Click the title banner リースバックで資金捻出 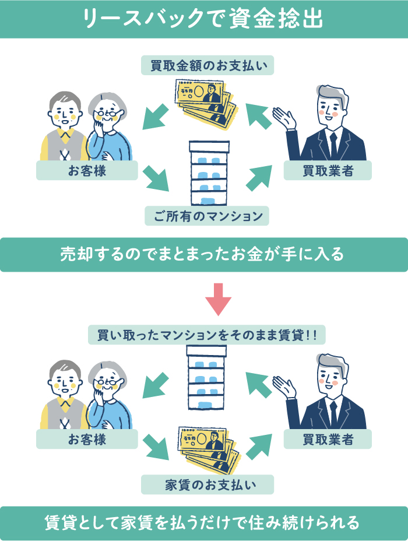coord(204,19)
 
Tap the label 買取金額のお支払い coord(207,65)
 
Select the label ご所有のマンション coord(207,216)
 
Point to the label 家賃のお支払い coord(207,484)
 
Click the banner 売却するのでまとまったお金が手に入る coord(204,255)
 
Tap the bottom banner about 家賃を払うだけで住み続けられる coord(204,522)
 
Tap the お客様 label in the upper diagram coord(87,171)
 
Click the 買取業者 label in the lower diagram coord(328,439)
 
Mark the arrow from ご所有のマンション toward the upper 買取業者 coord(258,177)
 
